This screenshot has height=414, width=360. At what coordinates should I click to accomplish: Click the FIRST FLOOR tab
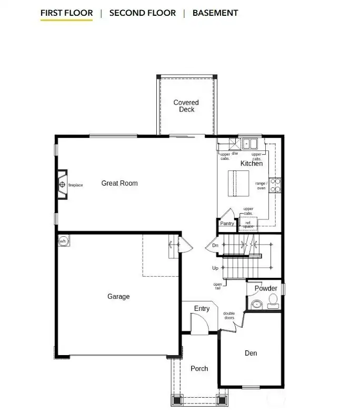pyautogui.click(x=66, y=13)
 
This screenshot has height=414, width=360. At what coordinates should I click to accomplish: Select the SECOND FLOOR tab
pyautogui.click(x=142, y=13)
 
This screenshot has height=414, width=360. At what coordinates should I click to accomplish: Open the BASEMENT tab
pyautogui.click(x=215, y=13)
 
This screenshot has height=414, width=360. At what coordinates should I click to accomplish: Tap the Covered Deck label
pyautogui.click(x=186, y=106)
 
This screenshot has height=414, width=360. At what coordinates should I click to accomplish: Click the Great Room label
pyautogui.click(x=119, y=183)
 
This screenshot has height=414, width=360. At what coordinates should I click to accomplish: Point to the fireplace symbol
pyautogui.click(x=62, y=185)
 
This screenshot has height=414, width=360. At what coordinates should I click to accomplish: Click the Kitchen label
pyautogui.click(x=252, y=164)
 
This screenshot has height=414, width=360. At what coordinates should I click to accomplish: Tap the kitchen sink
pyautogui.click(x=248, y=143)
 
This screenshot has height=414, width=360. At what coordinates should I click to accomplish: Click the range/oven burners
pyautogui.click(x=276, y=184)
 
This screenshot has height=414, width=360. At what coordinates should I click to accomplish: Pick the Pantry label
pyautogui.click(x=227, y=224)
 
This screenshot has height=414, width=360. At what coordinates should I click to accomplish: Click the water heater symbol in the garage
pyautogui.click(x=63, y=241)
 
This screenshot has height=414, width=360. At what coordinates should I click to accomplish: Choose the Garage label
pyautogui.click(x=118, y=297)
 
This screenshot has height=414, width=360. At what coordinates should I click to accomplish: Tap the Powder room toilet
pyautogui.click(x=273, y=300)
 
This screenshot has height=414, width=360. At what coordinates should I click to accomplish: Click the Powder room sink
pyautogui.click(x=257, y=304)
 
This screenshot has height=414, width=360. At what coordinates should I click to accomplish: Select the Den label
pyautogui.click(x=251, y=353)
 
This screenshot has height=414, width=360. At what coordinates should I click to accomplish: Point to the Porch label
pyautogui.click(x=199, y=369)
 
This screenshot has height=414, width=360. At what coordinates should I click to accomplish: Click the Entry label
pyautogui.click(x=202, y=309)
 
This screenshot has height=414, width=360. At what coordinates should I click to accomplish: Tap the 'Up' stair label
pyautogui.click(x=215, y=268)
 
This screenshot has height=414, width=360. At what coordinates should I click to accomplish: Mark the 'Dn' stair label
pyautogui.click(x=215, y=245)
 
